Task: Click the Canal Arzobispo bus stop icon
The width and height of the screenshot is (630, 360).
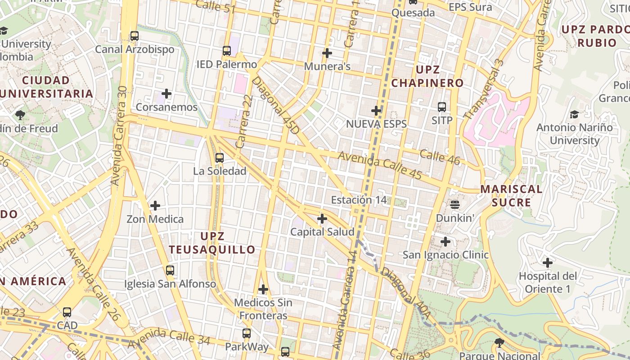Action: (134, 36)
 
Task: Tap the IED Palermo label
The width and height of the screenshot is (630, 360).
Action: (226, 64)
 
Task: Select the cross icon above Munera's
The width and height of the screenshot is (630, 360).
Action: (327, 53)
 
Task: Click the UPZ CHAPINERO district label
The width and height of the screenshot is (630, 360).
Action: (427, 76)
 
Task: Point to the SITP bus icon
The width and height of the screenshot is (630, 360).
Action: (441, 107)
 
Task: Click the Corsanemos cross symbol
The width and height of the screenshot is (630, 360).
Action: (166, 94)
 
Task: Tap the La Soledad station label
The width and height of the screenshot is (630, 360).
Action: (220, 171)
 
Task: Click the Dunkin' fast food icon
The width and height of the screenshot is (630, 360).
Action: (455, 205)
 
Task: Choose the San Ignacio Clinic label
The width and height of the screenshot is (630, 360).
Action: (445, 255)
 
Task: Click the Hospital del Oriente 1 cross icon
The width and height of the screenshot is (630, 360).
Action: (547, 262)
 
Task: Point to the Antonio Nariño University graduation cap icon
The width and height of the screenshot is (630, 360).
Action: (574, 114)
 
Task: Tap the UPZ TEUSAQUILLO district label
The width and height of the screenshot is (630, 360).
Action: (212, 243)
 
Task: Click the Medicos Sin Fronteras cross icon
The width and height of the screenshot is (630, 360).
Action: (263, 289)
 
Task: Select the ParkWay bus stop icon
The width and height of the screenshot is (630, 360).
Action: (246, 333)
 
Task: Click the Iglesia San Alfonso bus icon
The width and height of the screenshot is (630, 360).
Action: (170, 270)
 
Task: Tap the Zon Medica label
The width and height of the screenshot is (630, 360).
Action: (155, 219)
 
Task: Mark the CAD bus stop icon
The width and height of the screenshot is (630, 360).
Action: (67, 312)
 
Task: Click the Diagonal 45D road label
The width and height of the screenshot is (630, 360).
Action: (275, 105)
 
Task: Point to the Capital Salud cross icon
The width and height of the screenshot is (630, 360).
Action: (322, 219)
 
